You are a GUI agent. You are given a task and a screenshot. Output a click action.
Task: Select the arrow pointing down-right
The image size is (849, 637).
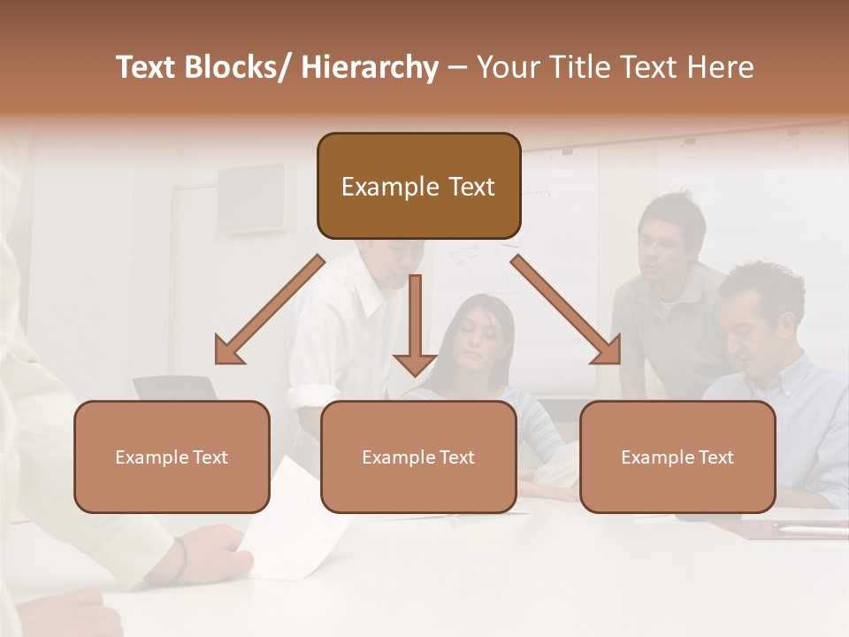566,310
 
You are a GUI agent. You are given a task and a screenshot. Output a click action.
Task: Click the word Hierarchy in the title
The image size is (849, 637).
370,67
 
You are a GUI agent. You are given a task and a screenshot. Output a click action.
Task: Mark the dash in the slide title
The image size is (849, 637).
457,67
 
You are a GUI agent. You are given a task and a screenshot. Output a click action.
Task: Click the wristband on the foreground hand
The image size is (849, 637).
180,559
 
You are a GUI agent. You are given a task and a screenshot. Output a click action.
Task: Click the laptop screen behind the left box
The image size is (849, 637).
175,388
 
